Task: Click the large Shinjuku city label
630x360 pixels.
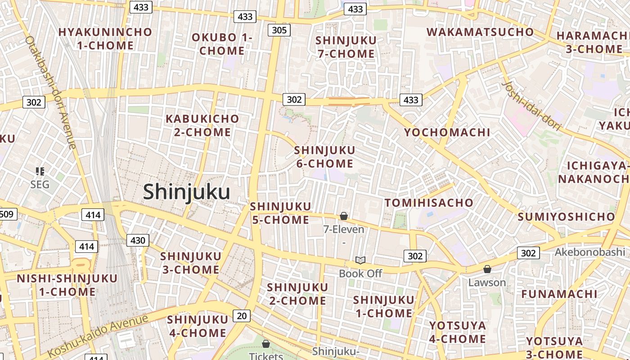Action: (x=187, y=192)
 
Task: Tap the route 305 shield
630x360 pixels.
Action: (x=279, y=30)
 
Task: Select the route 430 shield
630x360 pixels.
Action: (x=137, y=240)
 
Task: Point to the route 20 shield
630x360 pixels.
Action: (x=242, y=316)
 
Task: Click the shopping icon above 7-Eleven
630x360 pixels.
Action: (x=344, y=216)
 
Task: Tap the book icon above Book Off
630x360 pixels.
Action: (x=360, y=260)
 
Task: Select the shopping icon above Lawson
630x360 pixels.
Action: (x=487, y=269)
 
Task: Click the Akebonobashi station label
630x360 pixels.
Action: (x=589, y=252)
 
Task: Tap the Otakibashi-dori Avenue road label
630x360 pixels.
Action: (x=50, y=92)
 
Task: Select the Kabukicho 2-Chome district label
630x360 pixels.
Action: (x=202, y=126)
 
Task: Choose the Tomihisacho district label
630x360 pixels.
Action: (x=429, y=203)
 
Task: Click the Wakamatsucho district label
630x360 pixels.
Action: (x=480, y=32)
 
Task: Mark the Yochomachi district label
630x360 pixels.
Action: (x=447, y=132)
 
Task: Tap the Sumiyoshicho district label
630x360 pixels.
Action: (x=566, y=217)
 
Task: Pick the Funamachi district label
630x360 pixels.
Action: (x=559, y=294)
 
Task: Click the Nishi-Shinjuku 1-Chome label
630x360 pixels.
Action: (x=67, y=285)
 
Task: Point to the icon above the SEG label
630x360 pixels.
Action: (x=40, y=171)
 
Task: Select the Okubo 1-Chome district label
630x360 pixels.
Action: (x=222, y=44)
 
